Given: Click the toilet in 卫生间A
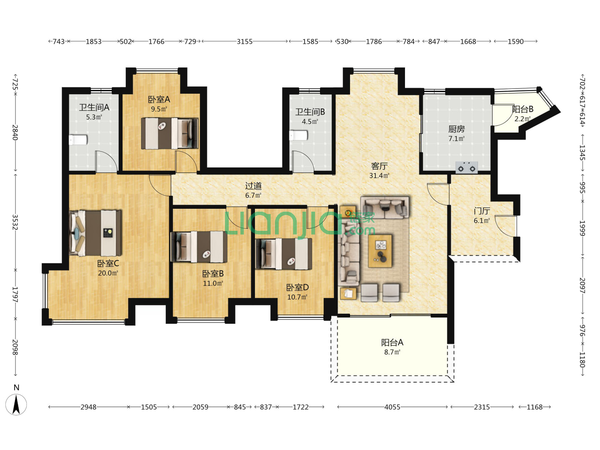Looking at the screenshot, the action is pos(78,140).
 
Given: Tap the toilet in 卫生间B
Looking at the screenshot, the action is pos(298,135).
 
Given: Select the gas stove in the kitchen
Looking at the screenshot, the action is pos(466,167).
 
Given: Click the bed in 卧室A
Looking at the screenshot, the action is pos(170,133).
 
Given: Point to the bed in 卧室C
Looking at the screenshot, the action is pos(95,233).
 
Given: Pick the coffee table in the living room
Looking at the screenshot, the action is pos(380,250).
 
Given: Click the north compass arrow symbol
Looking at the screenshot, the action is pos(16,405).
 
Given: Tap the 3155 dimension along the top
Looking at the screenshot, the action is pos(244,42).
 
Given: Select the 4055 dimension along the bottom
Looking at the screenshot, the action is pos(392,407).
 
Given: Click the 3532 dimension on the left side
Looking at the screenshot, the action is pos(15,222).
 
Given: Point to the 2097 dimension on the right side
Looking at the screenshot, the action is pos(582,285).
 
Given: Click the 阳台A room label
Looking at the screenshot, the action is pos(392,342).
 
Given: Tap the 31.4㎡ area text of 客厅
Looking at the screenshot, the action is pos(379,175).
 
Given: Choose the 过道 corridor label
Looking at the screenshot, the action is pos(253,186).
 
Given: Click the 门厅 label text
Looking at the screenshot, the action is pos(482,211).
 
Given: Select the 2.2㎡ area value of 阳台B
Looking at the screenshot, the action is pos(522,119).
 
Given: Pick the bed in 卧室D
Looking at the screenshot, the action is pos(284,254).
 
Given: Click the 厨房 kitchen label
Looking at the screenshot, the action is pos(457,129).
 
